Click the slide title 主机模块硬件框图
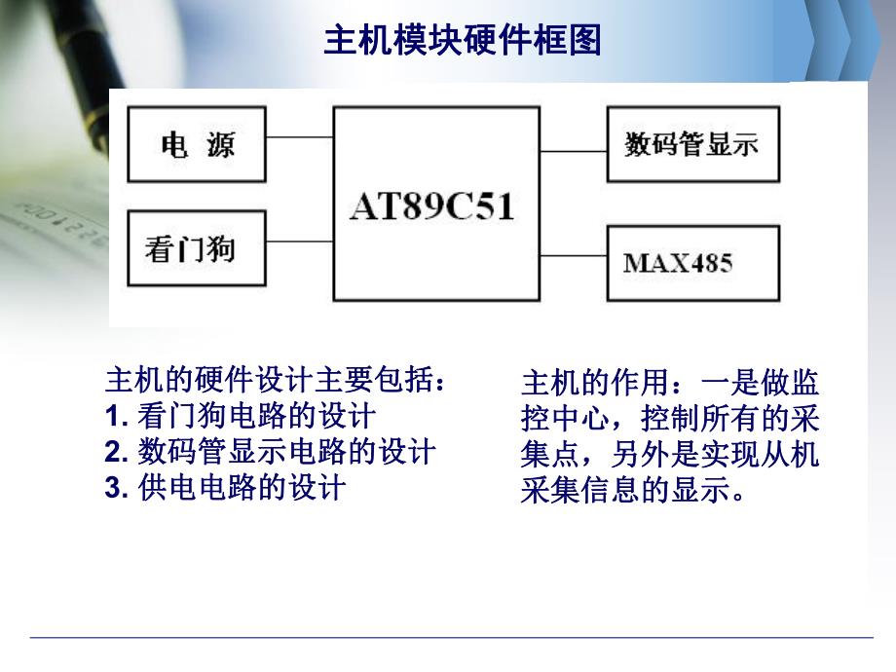click(462, 42)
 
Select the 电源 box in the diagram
click(197, 145)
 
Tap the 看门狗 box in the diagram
click(197, 249)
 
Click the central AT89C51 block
click(435, 204)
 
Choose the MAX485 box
click(692, 263)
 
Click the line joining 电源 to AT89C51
click(299, 137)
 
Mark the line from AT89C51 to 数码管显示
click(573, 151)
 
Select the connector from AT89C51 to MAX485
click(573, 256)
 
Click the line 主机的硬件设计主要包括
click(279, 381)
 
